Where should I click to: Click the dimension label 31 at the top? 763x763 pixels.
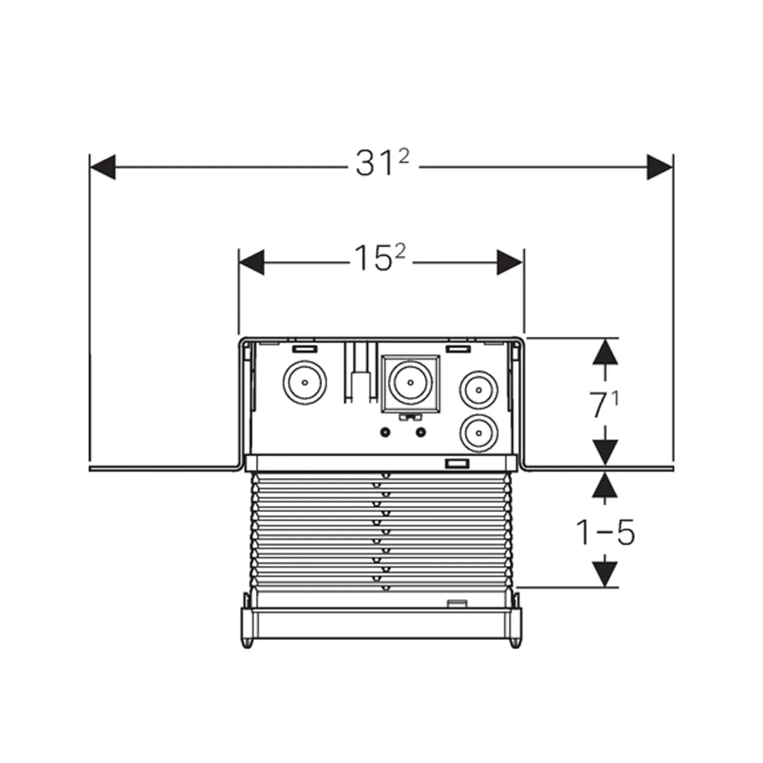click(382, 164)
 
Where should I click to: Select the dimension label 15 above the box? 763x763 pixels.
click(380, 258)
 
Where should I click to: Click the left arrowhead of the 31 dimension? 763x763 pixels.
click(103, 167)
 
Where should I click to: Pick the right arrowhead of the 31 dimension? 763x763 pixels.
click(660, 167)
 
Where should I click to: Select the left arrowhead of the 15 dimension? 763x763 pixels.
click(251, 262)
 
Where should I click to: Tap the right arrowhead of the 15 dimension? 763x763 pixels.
click(510, 262)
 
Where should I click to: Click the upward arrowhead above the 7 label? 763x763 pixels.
click(605, 352)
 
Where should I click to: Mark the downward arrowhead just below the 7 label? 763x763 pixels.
click(605, 452)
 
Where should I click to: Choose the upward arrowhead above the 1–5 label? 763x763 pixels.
click(605, 485)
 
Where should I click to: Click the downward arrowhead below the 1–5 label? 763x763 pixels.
click(605, 574)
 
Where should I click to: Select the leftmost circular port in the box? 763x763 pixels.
click(305, 382)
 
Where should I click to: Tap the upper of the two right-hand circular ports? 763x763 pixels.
click(479, 390)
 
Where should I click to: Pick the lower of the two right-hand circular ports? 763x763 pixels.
click(479, 433)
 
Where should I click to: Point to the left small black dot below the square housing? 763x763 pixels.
click(385, 433)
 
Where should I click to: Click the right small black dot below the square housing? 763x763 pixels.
click(421, 433)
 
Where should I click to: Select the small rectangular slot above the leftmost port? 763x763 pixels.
click(305, 349)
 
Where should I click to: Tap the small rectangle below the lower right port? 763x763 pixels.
click(457, 464)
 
